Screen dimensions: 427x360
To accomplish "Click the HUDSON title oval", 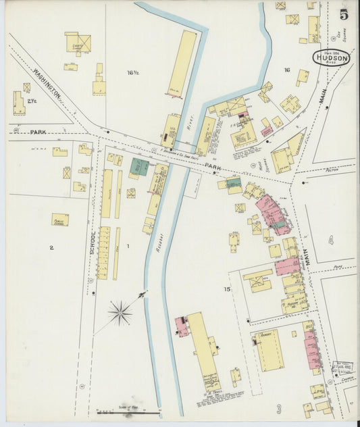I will (331, 58).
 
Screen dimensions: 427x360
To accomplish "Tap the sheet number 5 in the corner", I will (344, 14).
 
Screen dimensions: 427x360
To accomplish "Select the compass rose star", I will (121, 311).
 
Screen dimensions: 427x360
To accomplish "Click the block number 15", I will (228, 289).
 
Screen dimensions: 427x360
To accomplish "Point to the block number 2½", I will (32, 101).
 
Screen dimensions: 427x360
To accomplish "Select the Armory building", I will (269, 349).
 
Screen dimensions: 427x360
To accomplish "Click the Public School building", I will (60, 220).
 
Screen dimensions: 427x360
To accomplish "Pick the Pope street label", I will (338, 267).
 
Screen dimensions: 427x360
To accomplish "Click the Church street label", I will (348, 379).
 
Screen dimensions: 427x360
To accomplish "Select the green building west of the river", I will (139, 167).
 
